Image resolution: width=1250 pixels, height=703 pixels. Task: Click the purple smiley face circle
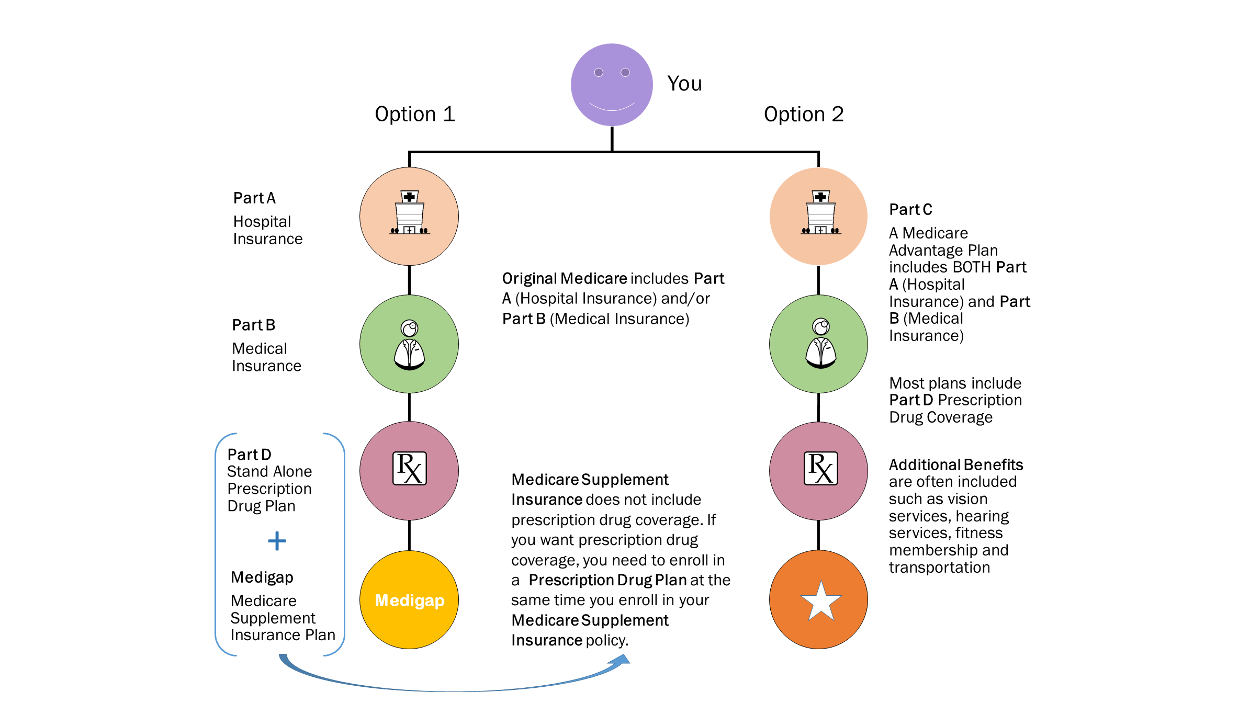coord(611,85)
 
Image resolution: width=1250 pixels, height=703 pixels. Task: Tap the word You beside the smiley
coord(684,84)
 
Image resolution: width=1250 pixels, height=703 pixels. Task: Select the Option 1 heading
coord(414,114)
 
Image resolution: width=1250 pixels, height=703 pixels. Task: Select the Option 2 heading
coord(803,114)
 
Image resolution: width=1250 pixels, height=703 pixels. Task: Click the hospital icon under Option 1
coord(409,213)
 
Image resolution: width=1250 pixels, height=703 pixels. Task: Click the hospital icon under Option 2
coord(820,213)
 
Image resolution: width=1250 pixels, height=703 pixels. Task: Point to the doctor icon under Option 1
coord(409,345)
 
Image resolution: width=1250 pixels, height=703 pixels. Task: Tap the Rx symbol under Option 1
coord(409,469)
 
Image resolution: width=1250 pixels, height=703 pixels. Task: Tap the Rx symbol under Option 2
coord(820,469)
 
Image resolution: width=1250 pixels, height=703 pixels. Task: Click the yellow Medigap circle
coord(409,600)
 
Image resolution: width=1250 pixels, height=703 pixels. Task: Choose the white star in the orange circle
coord(820,601)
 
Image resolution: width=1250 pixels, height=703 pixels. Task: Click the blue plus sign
coord(277,541)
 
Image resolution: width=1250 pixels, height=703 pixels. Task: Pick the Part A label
coord(254,198)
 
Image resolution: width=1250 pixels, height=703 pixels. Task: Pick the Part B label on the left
coord(253,325)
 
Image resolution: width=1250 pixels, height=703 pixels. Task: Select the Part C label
coord(910,210)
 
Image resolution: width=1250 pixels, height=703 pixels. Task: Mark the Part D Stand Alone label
coord(249,455)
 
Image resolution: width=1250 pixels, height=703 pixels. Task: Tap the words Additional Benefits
coord(955,465)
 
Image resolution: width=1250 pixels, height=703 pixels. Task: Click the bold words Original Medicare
coord(564,279)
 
